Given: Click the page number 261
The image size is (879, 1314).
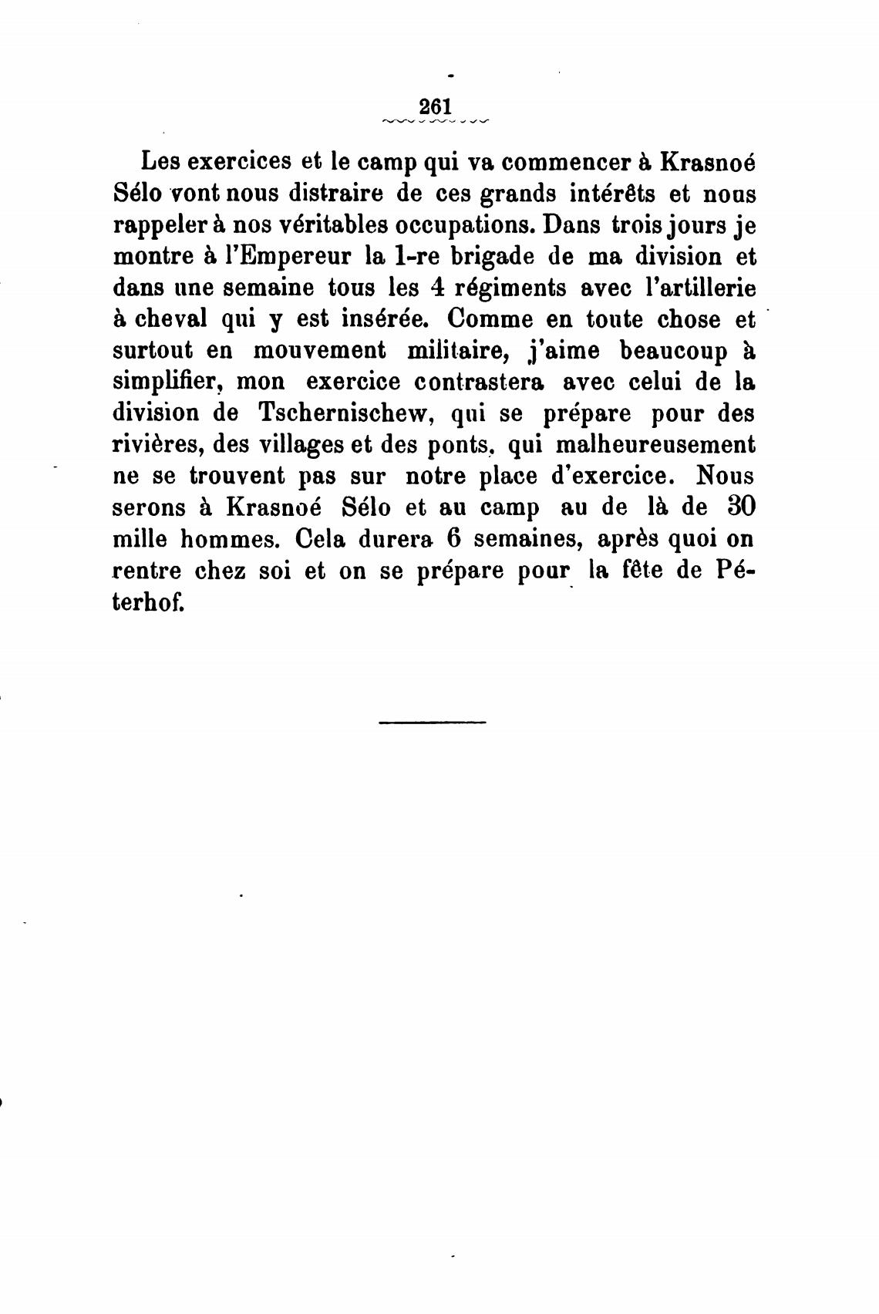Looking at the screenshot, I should [434, 106].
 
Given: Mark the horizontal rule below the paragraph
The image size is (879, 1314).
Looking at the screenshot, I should [433, 723].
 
